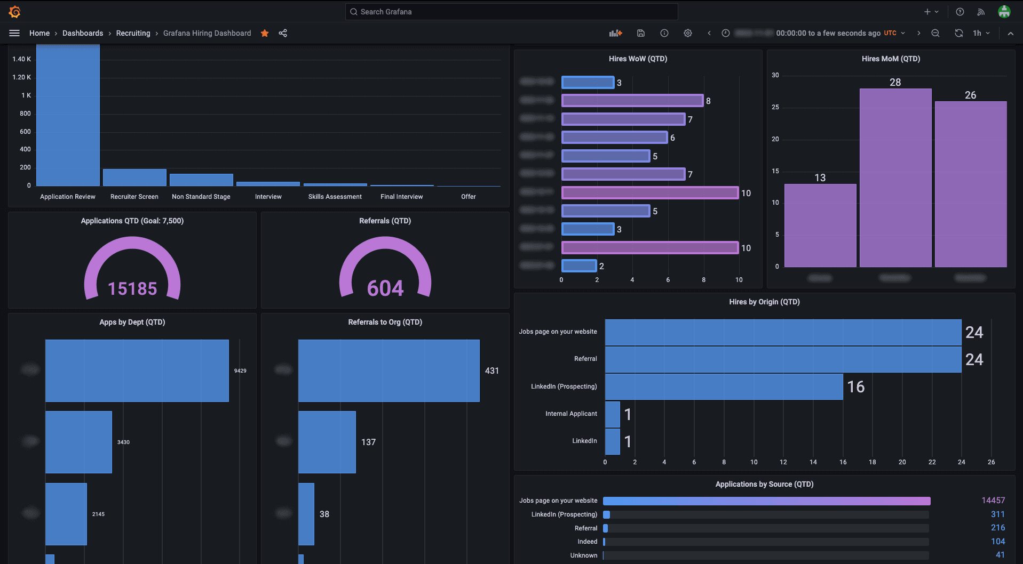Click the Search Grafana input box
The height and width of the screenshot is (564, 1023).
(x=511, y=12)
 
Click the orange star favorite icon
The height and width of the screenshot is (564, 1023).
(x=265, y=33)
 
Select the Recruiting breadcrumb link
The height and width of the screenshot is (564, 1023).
(x=133, y=33)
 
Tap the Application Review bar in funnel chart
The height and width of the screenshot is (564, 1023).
(x=68, y=115)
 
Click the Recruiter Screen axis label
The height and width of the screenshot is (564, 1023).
(x=134, y=197)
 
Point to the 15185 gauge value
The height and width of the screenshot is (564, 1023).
(x=132, y=288)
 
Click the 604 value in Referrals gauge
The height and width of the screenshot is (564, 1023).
(x=385, y=288)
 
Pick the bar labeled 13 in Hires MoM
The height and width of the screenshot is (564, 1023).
(x=820, y=225)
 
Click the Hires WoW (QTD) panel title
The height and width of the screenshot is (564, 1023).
(x=638, y=59)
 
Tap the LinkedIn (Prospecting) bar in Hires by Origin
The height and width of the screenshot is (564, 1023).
(x=724, y=386)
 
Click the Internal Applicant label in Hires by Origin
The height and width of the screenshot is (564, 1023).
(x=571, y=414)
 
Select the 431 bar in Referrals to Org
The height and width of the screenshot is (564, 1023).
(x=388, y=370)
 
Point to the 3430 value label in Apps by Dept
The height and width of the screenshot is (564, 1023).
(x=123, y=442)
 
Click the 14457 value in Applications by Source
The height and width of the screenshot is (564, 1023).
(x=993, y=501)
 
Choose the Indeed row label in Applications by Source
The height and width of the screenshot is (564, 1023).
(x=587, y=542)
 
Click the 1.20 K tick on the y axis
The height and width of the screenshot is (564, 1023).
(x=21, y=77)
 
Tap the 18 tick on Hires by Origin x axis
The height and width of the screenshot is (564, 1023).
(x=872, y=462)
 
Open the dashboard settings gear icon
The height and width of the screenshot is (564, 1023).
(x=687, y=33)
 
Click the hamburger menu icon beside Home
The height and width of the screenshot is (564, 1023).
(x=14, y=33)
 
